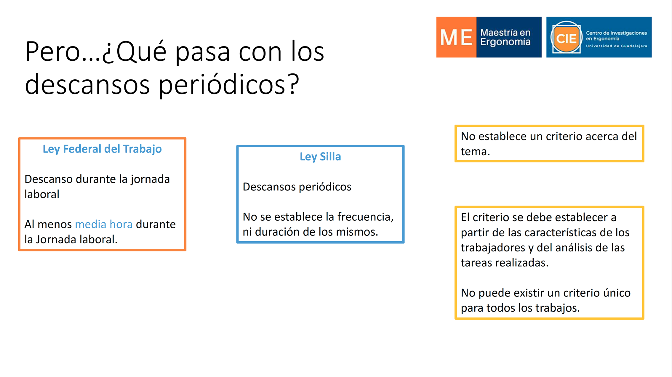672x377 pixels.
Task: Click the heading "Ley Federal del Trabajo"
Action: (x=102, y=149)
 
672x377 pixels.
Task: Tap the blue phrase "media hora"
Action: (x=104, y=224)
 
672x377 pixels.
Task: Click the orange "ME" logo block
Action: (x=456, y=37)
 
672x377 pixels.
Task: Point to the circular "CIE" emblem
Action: (x=566, y=38)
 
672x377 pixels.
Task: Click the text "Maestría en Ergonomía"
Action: (x=505, y=37)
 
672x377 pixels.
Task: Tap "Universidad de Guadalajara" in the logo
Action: (x=617, y=46)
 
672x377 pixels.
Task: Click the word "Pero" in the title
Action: (x=53, y=52)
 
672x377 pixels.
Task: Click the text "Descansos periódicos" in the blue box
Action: (x=297, y=187)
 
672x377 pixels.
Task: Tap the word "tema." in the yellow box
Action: (x=475, y=152)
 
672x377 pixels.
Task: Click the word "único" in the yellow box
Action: (x=617, y=293)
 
